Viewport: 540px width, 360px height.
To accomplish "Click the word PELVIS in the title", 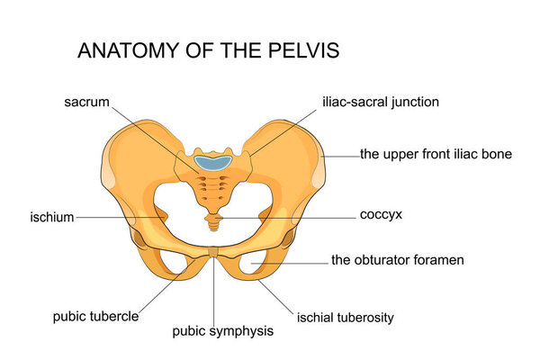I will pyautogui.click(x=301, y=51).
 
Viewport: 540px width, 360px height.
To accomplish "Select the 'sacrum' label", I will pyautogui.click(x=86, y=102).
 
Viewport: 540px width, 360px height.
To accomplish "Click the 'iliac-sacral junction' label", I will pyautogui.click(x=382, y=102).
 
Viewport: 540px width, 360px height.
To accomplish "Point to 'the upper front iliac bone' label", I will pyautogui.click(x=436, y=154).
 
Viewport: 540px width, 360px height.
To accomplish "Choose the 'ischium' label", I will pyautogui.click(x=51, y=217).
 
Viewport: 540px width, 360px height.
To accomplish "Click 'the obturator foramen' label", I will pyautogui.click(x=397, y=260).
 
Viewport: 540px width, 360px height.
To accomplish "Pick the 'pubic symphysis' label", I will pyautogui.click(x=222, y=331).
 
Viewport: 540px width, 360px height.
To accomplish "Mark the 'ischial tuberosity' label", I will pyautogui.click(x=346, y=318).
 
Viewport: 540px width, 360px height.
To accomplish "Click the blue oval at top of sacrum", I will pyautogui.click(x=213, y=163).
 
